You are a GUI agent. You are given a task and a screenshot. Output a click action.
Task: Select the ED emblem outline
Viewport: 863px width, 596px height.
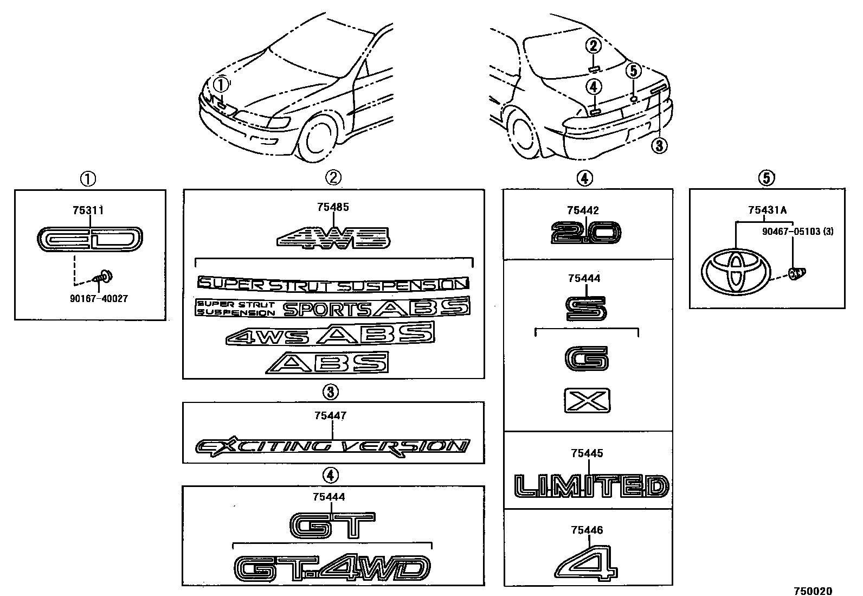coord(91,239)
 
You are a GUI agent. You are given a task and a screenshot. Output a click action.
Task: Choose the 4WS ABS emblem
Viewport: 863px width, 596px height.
coord(330,334)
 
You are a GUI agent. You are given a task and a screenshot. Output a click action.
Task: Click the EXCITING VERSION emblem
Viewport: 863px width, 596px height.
coord(332,446)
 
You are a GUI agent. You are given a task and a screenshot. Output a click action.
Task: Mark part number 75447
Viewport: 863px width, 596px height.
coord(330,416)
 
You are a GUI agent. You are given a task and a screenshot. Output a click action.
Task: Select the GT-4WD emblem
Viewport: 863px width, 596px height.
coord(332,568)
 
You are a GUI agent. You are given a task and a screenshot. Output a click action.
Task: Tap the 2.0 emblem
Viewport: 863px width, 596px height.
coord(585,233)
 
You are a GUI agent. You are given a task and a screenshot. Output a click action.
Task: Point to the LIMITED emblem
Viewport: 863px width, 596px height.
coord(591,486)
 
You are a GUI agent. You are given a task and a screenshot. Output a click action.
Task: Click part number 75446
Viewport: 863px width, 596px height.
coord(587,530)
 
